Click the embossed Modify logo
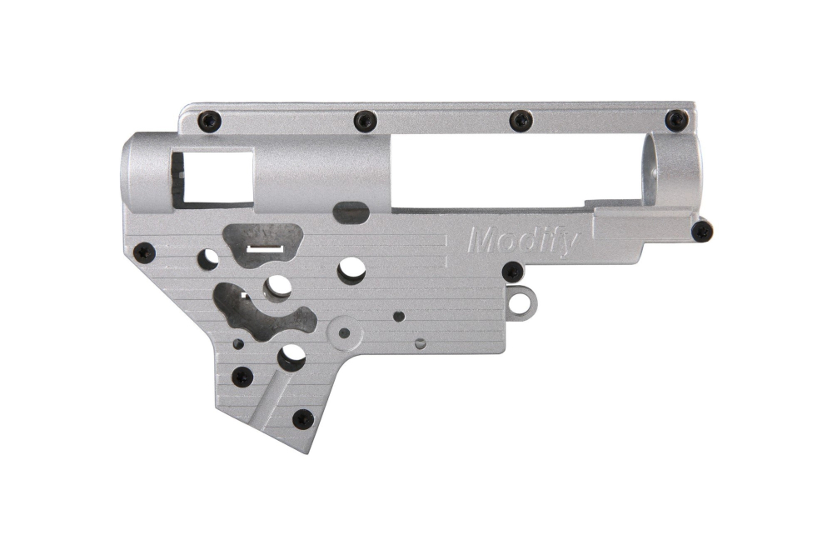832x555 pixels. click(x=523, y=241)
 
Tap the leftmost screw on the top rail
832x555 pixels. click(x=209, y=120)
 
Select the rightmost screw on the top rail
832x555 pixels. click(x=676, y=120)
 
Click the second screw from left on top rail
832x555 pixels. click(x=365, y=121)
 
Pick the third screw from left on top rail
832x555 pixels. click(x=521, y=121)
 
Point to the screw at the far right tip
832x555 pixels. click(x=702, y=231)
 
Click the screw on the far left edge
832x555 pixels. click(x=145, y=251)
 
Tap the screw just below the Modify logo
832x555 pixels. click(x=513, y=272)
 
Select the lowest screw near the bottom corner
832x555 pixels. click(x=303, y=418)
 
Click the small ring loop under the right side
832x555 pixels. click(x=520, y=300)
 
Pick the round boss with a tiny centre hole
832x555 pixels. click(x=344, y=332)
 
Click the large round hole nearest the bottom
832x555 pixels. click(x=291, y=357)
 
